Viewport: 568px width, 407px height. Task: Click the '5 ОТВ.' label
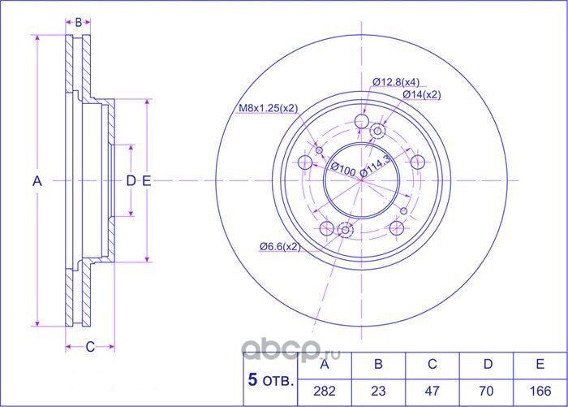click(269, 378)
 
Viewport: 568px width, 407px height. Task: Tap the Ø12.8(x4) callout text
click(396, 82)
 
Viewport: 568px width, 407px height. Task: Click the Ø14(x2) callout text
click(422, 95)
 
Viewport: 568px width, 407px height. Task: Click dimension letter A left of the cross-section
click(37, 182)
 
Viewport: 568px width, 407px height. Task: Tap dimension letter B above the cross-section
click(78, 22)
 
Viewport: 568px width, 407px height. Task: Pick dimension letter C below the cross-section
click(90, 347)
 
